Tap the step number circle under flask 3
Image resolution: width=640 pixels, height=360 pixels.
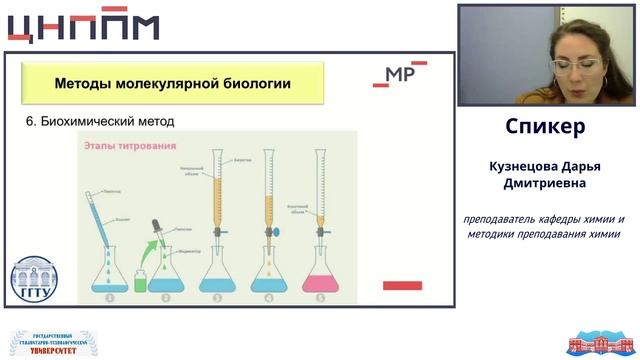(218, 297)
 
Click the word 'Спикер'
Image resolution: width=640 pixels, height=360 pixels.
(545, 127)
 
